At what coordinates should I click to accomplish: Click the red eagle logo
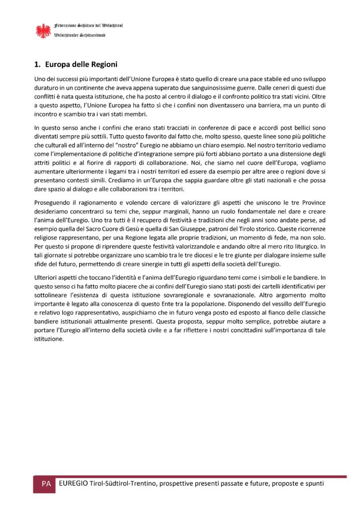click(x=43, y=30)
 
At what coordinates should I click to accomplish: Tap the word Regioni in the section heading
click(x=103, y=64)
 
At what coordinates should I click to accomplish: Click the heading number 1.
click(x=36, y=64)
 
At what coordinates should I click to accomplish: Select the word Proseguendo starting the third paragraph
click(x=52, y=202)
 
